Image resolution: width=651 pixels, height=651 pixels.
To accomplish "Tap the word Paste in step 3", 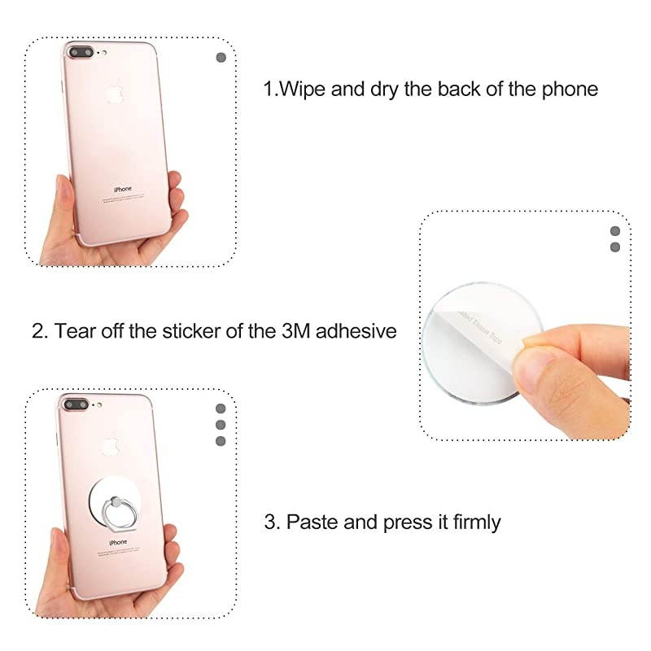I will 313,522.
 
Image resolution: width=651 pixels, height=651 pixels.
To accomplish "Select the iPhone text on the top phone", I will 122,189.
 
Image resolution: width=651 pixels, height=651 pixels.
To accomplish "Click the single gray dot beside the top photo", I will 221,58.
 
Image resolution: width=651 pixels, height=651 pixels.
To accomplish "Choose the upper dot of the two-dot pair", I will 615,232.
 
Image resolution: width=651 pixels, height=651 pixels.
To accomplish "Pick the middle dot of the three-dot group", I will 221,425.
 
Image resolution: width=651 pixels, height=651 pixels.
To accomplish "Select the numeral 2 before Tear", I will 37,331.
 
